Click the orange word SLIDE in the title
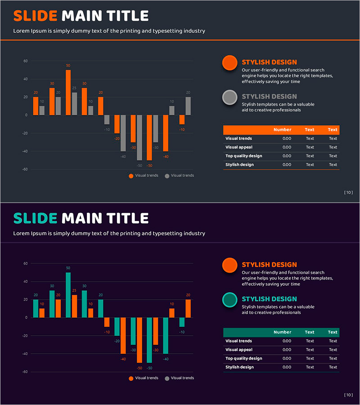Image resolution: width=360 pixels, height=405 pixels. pos(35,16)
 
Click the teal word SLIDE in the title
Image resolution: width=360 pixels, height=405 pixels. pos(35,219)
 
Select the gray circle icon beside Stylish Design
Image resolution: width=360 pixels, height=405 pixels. pos(230,97)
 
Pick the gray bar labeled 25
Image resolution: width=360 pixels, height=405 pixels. pos(74,104)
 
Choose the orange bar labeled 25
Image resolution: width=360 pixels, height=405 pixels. pos(74,306)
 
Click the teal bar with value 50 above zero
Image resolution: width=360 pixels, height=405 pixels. pos(68,295)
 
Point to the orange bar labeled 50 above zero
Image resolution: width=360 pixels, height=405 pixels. pos(68,92)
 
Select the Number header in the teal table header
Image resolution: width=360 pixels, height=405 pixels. pos(282,332)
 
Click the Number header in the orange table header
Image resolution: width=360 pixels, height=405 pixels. pos(282,130)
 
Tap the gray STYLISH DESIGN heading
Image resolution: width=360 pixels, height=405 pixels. pos(269,96)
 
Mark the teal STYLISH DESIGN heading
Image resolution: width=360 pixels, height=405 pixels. pos(269,299)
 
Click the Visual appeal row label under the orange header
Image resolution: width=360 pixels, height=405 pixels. pos(239,147)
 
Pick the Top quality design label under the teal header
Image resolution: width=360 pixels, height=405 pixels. pos(243,358)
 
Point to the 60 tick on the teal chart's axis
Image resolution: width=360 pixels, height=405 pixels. pos(26,263)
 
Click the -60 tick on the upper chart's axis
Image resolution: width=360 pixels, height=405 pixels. pos(25,169)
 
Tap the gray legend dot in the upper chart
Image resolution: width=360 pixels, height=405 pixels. pos(167,176)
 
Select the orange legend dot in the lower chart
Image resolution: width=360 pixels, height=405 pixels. pos(131,378)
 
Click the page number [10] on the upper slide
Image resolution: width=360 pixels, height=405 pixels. pos(348,193)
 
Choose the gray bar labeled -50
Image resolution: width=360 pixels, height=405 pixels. pos(139,137)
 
